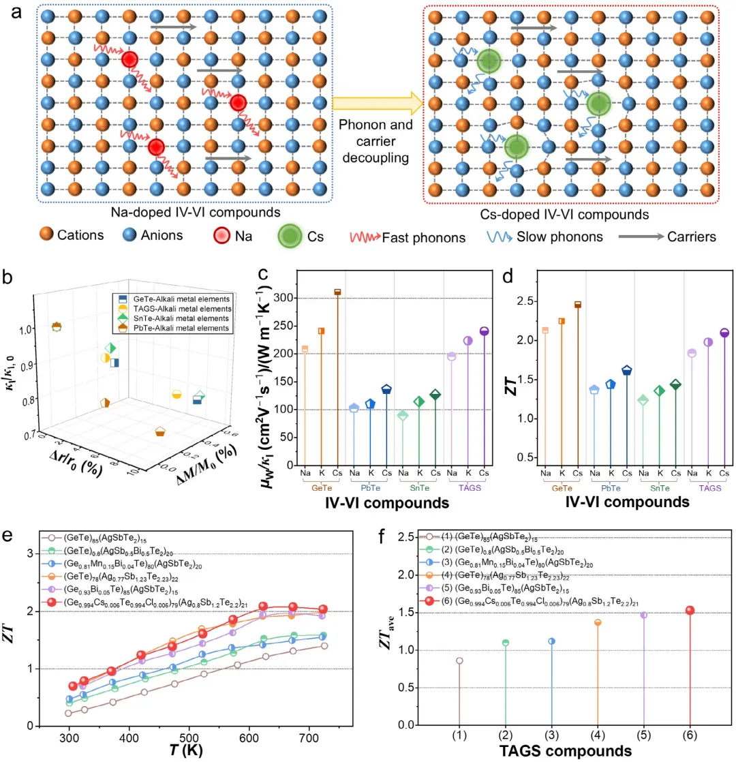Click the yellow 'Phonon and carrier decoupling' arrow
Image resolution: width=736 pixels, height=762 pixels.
pos(378,102)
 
